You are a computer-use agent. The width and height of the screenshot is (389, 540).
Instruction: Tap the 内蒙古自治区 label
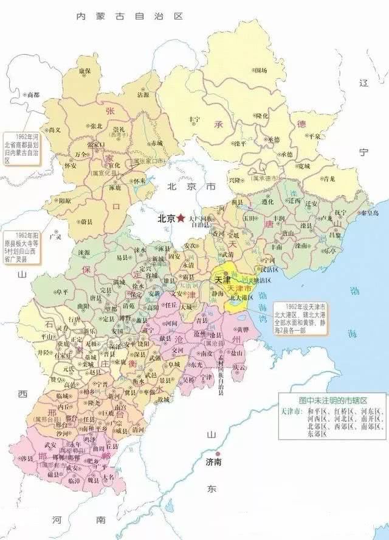coord(129,16)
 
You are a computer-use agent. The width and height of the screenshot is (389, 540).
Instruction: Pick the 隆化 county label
coord(261,115)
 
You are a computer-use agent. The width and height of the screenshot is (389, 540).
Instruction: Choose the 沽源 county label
coord(143,95)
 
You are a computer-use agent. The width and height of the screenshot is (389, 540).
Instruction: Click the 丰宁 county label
coord(194,119)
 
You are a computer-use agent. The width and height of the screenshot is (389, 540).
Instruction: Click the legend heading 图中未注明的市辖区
coord(331,401)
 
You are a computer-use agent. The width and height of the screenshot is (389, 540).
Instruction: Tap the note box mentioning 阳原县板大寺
coord(21,247)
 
